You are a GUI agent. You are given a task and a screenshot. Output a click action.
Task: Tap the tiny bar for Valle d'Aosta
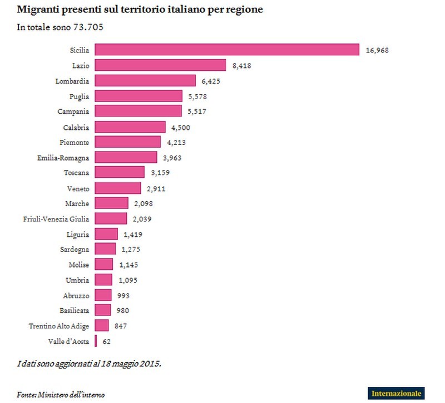96,341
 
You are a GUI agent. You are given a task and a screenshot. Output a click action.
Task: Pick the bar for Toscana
120,172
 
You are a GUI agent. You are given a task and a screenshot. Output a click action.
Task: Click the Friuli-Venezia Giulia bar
111,219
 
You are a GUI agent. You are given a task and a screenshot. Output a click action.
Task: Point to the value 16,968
377,50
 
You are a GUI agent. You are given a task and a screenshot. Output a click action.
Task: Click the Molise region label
78,264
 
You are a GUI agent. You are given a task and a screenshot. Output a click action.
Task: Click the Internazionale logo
396,392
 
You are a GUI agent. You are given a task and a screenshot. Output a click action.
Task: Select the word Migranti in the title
36,10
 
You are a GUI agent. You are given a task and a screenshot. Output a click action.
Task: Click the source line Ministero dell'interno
71,395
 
